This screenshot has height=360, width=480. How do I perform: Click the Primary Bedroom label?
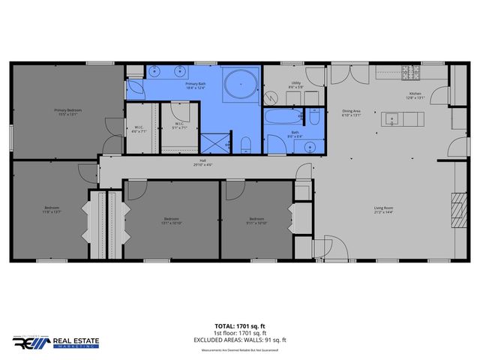click(x=67, y=112)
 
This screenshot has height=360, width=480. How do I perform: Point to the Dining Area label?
click(x=351, y=113)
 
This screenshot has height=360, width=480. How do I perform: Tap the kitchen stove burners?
click(x=411, y=73)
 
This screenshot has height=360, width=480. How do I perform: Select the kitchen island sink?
click(x=390, y=118)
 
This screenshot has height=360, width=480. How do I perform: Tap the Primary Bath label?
click(x=195, y=86)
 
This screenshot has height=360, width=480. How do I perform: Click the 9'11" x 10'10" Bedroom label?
click(x=256, y=221)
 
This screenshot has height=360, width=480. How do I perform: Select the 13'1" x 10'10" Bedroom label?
click(x=172, y=221)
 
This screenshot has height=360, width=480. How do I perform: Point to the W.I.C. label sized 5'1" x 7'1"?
click(x=180, y=125)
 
